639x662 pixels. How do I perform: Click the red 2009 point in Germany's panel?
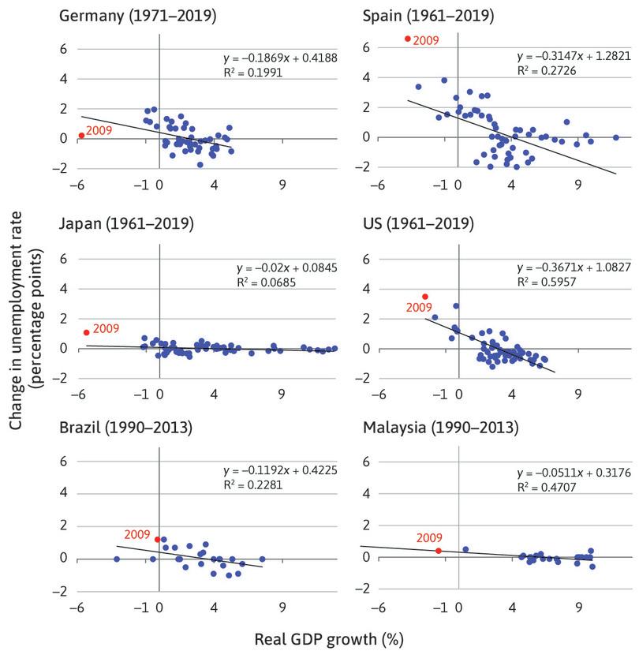(x=81, y=135)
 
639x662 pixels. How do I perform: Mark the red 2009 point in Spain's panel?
(x=407, y=39)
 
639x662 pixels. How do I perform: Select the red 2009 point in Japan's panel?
(x=86, y=332)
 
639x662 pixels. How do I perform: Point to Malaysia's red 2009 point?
(x=438, y=551)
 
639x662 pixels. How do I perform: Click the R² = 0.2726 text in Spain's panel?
(x=544, y=71)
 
